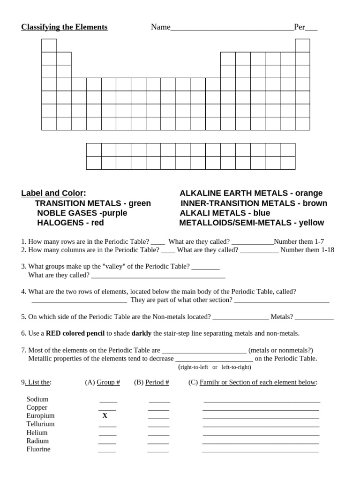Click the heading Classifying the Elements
[64, 27]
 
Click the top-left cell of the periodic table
[49, 45]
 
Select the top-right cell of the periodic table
[302, 45]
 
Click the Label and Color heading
[53, 193]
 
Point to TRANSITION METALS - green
[93, 203]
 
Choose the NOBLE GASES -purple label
[82, 213]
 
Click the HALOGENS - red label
[70, 223]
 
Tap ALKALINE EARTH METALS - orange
[251, 193]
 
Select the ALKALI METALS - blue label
[225, 213]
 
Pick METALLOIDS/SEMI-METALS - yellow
[251, 223]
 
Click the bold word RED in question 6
[53, 333]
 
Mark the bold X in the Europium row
[105, 416]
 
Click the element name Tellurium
[40, 424]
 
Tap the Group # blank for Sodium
[108, 401]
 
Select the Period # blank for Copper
[158, 409]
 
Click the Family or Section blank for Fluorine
[260, 451]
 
